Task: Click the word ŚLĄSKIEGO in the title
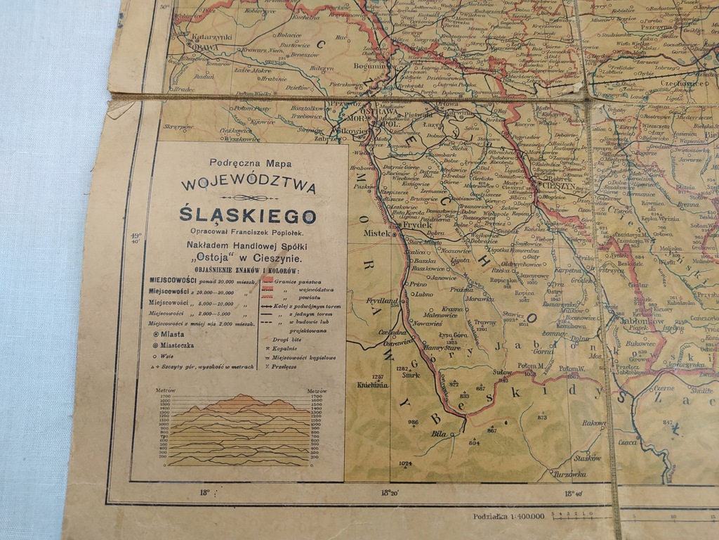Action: (247, 215)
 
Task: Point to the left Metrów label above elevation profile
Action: (165, 390)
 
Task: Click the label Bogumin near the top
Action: (367, 66)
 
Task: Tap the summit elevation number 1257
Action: (378, 377)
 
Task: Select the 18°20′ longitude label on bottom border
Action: (390, 493)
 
